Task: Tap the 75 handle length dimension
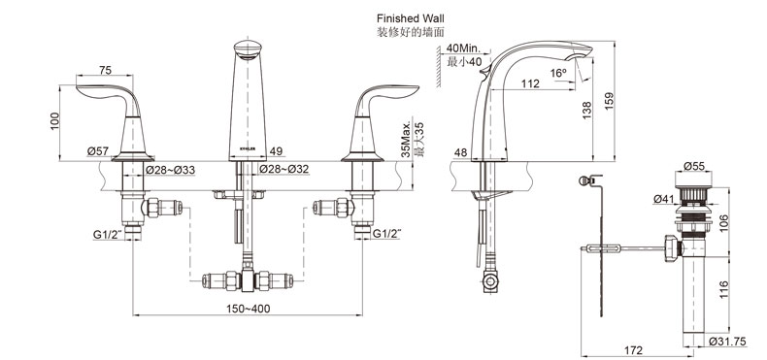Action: coord(105,71)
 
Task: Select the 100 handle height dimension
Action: coord(53,121)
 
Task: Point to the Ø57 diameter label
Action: coord(98,151)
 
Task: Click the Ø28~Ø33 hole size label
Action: coord(171,170)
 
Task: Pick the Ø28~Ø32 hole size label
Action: coord(284,170)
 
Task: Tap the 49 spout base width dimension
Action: coord(276,151)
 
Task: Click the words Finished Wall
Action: coord(411,18)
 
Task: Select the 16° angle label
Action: coord(557,73)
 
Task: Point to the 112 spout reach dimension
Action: coord(530,83)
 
